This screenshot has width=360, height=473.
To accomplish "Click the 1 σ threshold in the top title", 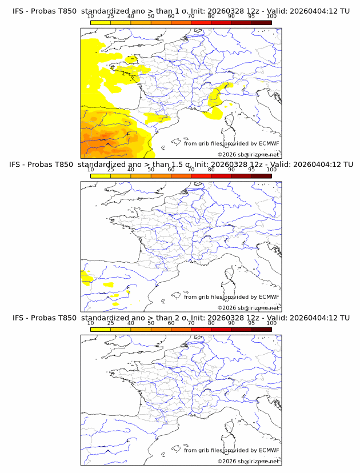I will (185, 11).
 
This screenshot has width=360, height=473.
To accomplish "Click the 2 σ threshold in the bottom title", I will (185, 318).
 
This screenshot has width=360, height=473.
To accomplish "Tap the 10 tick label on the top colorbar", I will (91, 17).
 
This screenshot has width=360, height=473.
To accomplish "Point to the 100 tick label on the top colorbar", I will (271, 17).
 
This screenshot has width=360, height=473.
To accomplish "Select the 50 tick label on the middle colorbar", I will (151, 170).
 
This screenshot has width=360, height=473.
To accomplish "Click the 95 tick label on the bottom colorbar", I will (251, 323).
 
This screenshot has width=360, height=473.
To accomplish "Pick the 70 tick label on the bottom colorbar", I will (191, 323).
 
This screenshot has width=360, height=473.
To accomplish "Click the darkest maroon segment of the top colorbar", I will (261, 22).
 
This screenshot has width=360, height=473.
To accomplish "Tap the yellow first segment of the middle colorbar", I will (101, 175).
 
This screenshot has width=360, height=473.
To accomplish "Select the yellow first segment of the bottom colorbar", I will (101, 328).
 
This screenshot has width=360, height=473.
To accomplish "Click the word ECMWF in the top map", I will (269, 143).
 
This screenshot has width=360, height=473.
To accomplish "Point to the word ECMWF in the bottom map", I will (269, 450).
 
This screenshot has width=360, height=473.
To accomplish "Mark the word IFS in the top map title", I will (18, 11).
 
